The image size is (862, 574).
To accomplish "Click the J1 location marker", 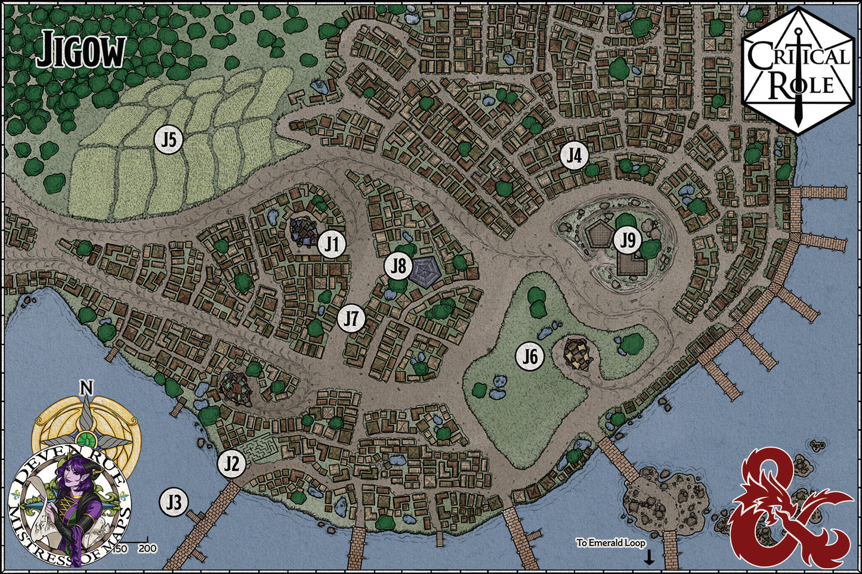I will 332,244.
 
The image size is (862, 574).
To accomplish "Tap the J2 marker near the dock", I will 232,464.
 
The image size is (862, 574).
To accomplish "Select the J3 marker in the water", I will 174,502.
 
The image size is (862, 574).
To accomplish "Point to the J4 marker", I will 574,156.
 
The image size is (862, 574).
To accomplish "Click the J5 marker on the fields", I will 169,141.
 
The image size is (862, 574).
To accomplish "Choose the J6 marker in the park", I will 530,357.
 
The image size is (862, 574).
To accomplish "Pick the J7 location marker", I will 351,319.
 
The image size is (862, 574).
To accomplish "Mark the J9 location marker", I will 628,241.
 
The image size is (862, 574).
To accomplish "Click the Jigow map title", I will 81,51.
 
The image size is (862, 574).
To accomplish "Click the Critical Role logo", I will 798,70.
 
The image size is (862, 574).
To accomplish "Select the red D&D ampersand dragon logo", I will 789,507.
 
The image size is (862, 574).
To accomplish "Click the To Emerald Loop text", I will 610,543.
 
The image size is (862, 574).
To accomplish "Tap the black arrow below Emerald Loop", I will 649,558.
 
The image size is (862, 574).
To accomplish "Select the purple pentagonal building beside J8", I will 425,271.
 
